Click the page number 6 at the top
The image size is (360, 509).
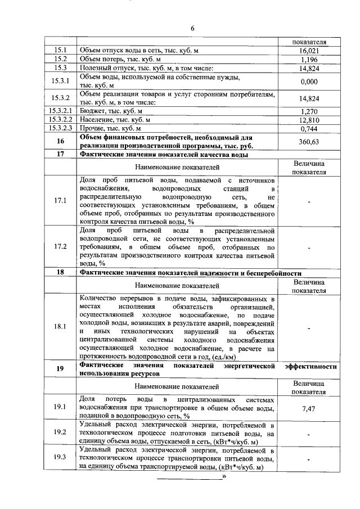click(x=192, y=29)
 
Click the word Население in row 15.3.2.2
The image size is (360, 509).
click(x=97, y=120)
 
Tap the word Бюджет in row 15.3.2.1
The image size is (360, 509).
click(x=93, y=111)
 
